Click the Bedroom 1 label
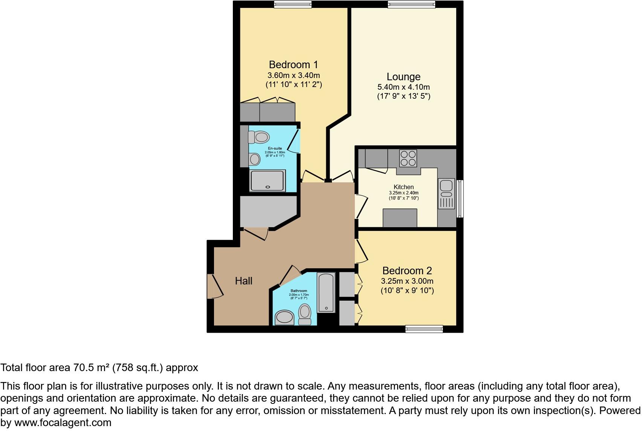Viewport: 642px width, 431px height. (293, 64)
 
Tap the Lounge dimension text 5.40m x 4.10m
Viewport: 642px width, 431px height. (404, 87)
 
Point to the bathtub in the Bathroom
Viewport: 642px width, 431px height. (326, 292)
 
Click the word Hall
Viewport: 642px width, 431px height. (243, 281)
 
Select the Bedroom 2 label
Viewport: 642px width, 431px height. (407, 271)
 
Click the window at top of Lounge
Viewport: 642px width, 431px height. (411, 4)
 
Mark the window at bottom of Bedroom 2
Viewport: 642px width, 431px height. (424, 329)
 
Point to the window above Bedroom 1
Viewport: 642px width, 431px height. (293, 4)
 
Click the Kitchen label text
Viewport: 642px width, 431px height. (404, 187)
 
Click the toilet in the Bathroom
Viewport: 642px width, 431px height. (304, 314)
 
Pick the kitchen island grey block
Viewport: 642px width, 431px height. (400, 218)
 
